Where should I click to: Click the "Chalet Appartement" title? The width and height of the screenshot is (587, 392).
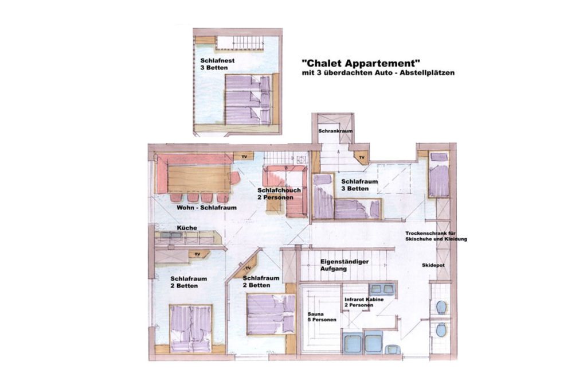[x=361, y=63]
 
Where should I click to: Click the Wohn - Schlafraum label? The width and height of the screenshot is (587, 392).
[x=206, y=208]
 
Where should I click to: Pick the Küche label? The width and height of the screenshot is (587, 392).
[x=187, y=228]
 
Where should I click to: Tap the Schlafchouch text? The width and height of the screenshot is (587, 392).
[x=279, y=190]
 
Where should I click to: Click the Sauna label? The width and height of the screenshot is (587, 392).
[x=316, y=314]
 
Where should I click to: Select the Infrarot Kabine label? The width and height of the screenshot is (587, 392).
[x=364, y=300]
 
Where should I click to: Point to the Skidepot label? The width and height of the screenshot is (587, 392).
[x=433, y=265]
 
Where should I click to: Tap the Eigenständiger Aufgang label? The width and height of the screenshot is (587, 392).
[x=345, y=262]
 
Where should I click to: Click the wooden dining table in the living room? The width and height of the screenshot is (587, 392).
[x=199, y=178]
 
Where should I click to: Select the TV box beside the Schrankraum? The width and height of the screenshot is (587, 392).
[x=362, y=157]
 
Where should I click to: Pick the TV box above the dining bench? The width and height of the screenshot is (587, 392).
[x=244, y=156]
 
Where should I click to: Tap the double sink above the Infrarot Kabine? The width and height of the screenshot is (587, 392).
[x=381, y=289]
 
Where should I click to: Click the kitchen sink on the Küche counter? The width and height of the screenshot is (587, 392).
[x=171, y=235]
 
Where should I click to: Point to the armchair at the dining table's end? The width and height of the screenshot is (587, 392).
[x=234, y=178]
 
